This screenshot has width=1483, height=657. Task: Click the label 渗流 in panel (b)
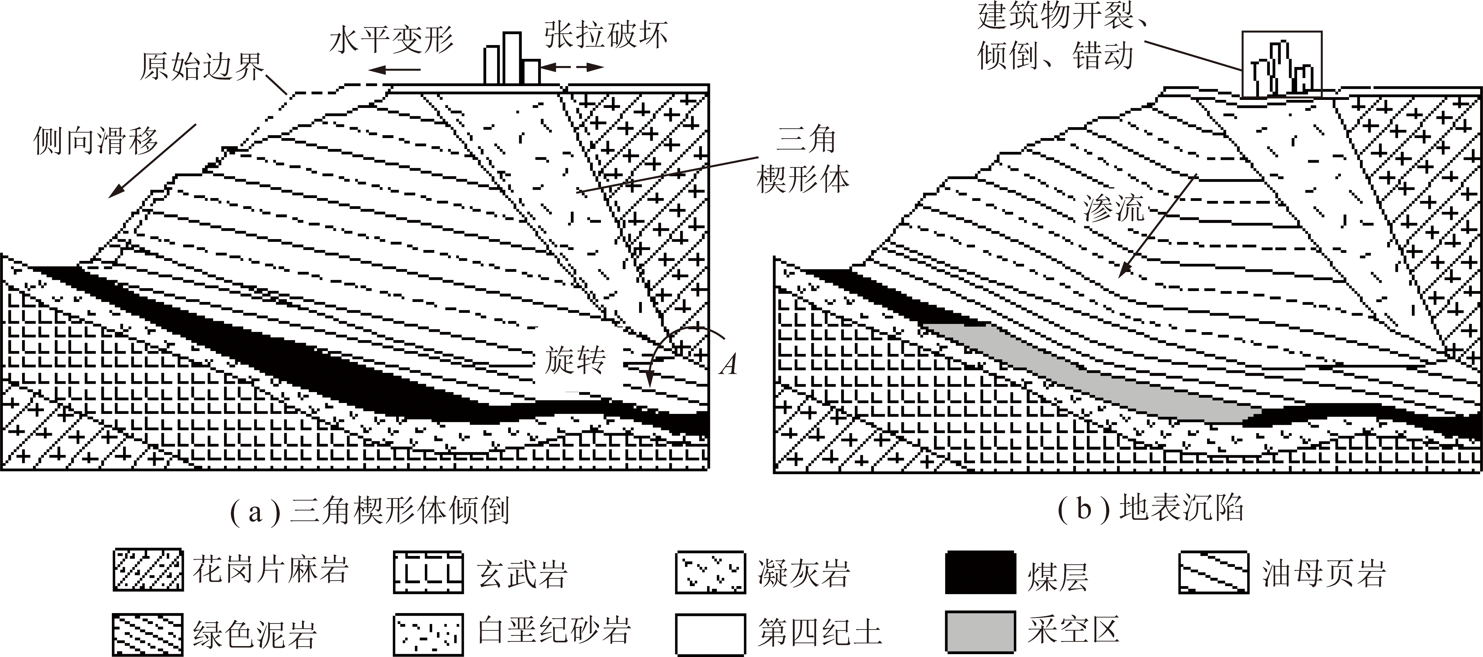[1114, 207]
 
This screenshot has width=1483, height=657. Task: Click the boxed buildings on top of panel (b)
[1282, 65]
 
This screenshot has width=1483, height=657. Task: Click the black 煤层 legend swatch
[980, 572]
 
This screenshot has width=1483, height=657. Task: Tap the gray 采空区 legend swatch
[980, 632]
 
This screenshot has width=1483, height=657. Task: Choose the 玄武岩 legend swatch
[428, 572]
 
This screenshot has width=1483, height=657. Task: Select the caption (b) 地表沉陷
[1150, 508]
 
